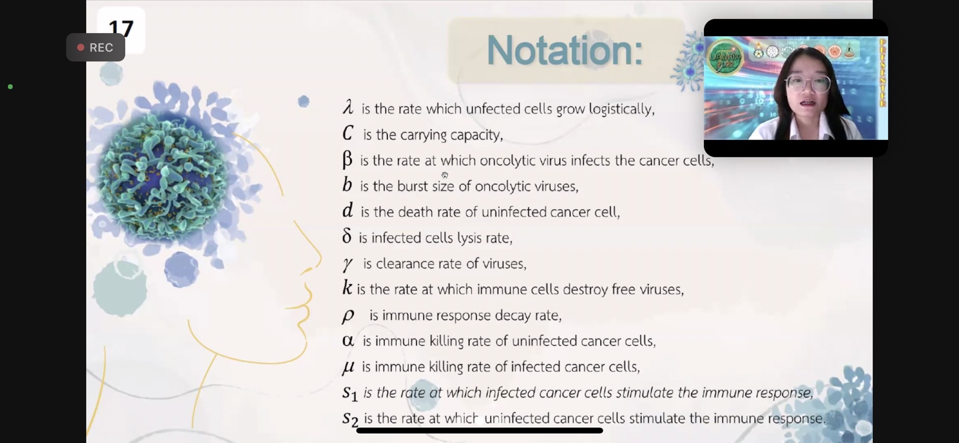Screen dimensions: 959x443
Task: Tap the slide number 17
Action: click(121, 27)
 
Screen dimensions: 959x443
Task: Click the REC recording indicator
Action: click(96, 47)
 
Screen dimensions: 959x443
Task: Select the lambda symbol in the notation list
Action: click(348, 107)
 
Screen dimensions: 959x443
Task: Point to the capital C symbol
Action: click(348, 133)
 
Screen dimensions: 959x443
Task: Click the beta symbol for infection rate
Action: click(347, 159)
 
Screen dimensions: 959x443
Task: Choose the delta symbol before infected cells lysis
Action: click(347, 236)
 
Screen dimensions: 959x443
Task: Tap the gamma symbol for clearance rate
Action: click(348, 264)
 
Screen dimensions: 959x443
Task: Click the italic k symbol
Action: click(347, 288)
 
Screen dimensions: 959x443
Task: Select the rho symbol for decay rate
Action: click(348, 316)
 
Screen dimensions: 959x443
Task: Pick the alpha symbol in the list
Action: click(348, 340)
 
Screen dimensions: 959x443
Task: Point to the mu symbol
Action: click(348, 367)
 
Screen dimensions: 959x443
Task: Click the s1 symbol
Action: click(350, 393)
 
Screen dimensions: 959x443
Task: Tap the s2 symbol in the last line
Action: click(350, 419)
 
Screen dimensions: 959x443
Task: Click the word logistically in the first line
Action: click(622, 109)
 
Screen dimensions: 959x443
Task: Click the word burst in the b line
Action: click(413, 186)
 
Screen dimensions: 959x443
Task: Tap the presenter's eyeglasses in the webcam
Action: click(808, 83)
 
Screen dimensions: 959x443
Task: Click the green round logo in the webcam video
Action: click(725, 57)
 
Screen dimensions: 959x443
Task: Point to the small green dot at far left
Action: click(10, 87)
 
